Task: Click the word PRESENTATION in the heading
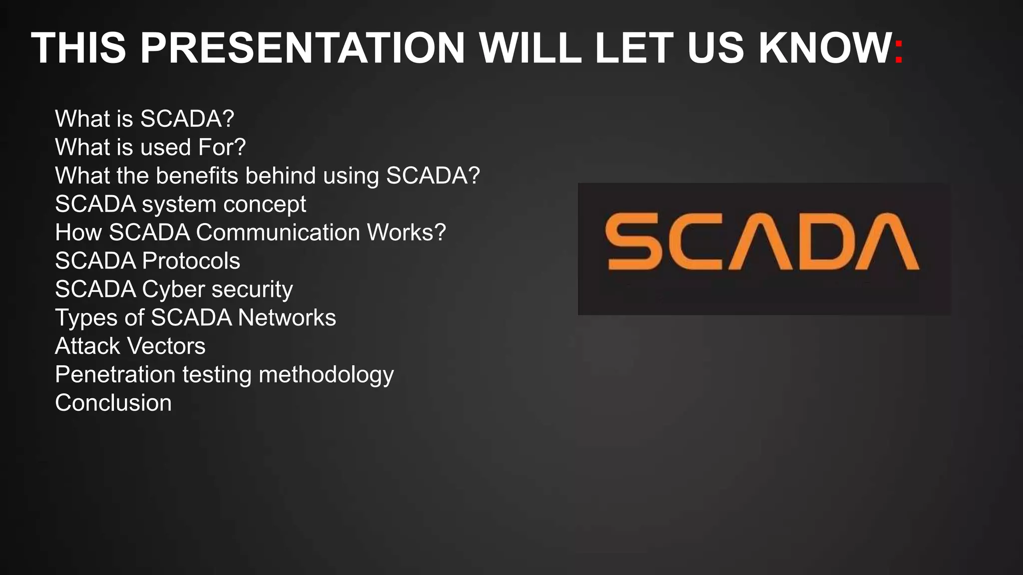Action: click(303, 48)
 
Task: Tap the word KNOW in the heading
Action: click(825, 48)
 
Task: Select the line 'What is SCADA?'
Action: click(144, 119)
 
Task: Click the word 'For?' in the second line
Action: click(222, 147)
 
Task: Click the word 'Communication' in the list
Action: click(278, 233)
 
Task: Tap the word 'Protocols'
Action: click(191, 261)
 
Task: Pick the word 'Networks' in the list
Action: click(287, 318)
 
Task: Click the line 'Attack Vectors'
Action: click(130, 346)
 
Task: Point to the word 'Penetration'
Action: click(115, 375)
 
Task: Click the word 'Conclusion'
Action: click(113, 403)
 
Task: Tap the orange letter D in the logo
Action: click(830, 241)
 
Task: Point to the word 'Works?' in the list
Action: click(406, 233)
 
